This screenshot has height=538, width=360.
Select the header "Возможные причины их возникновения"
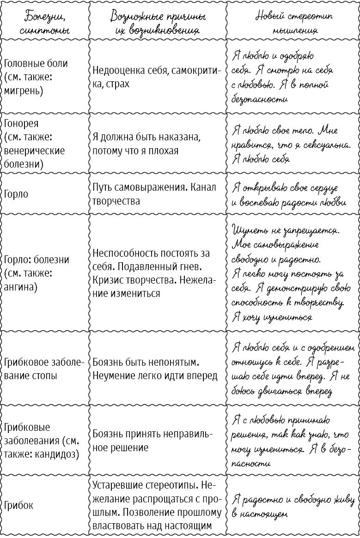pyautogui.click(x=158, y=23)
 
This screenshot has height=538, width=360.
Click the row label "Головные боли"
pyautogui.click(x=35, y=64)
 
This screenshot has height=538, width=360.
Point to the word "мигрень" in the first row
pyautogui.click(x=23, y=91)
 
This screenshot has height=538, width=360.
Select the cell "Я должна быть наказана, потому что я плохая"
pyautogui.click(x=146, y=144)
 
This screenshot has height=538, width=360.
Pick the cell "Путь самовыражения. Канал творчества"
pyautogui.click(x=155, y=194)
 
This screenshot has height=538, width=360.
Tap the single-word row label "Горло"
pyautogui.click(x=16, y=194)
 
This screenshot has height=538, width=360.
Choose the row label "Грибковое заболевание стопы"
pyautogui.click(x=43, y=369)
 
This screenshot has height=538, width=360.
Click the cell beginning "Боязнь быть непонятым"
pyautogui.click(x=155, y=369)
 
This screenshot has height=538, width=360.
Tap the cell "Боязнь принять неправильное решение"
pyautogui.click(x=153, y=441)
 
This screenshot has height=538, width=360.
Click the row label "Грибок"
pyautogui.click(x=18, y=505)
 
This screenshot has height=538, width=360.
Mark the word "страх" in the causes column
pyautogui.click(x=118, y=84)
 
